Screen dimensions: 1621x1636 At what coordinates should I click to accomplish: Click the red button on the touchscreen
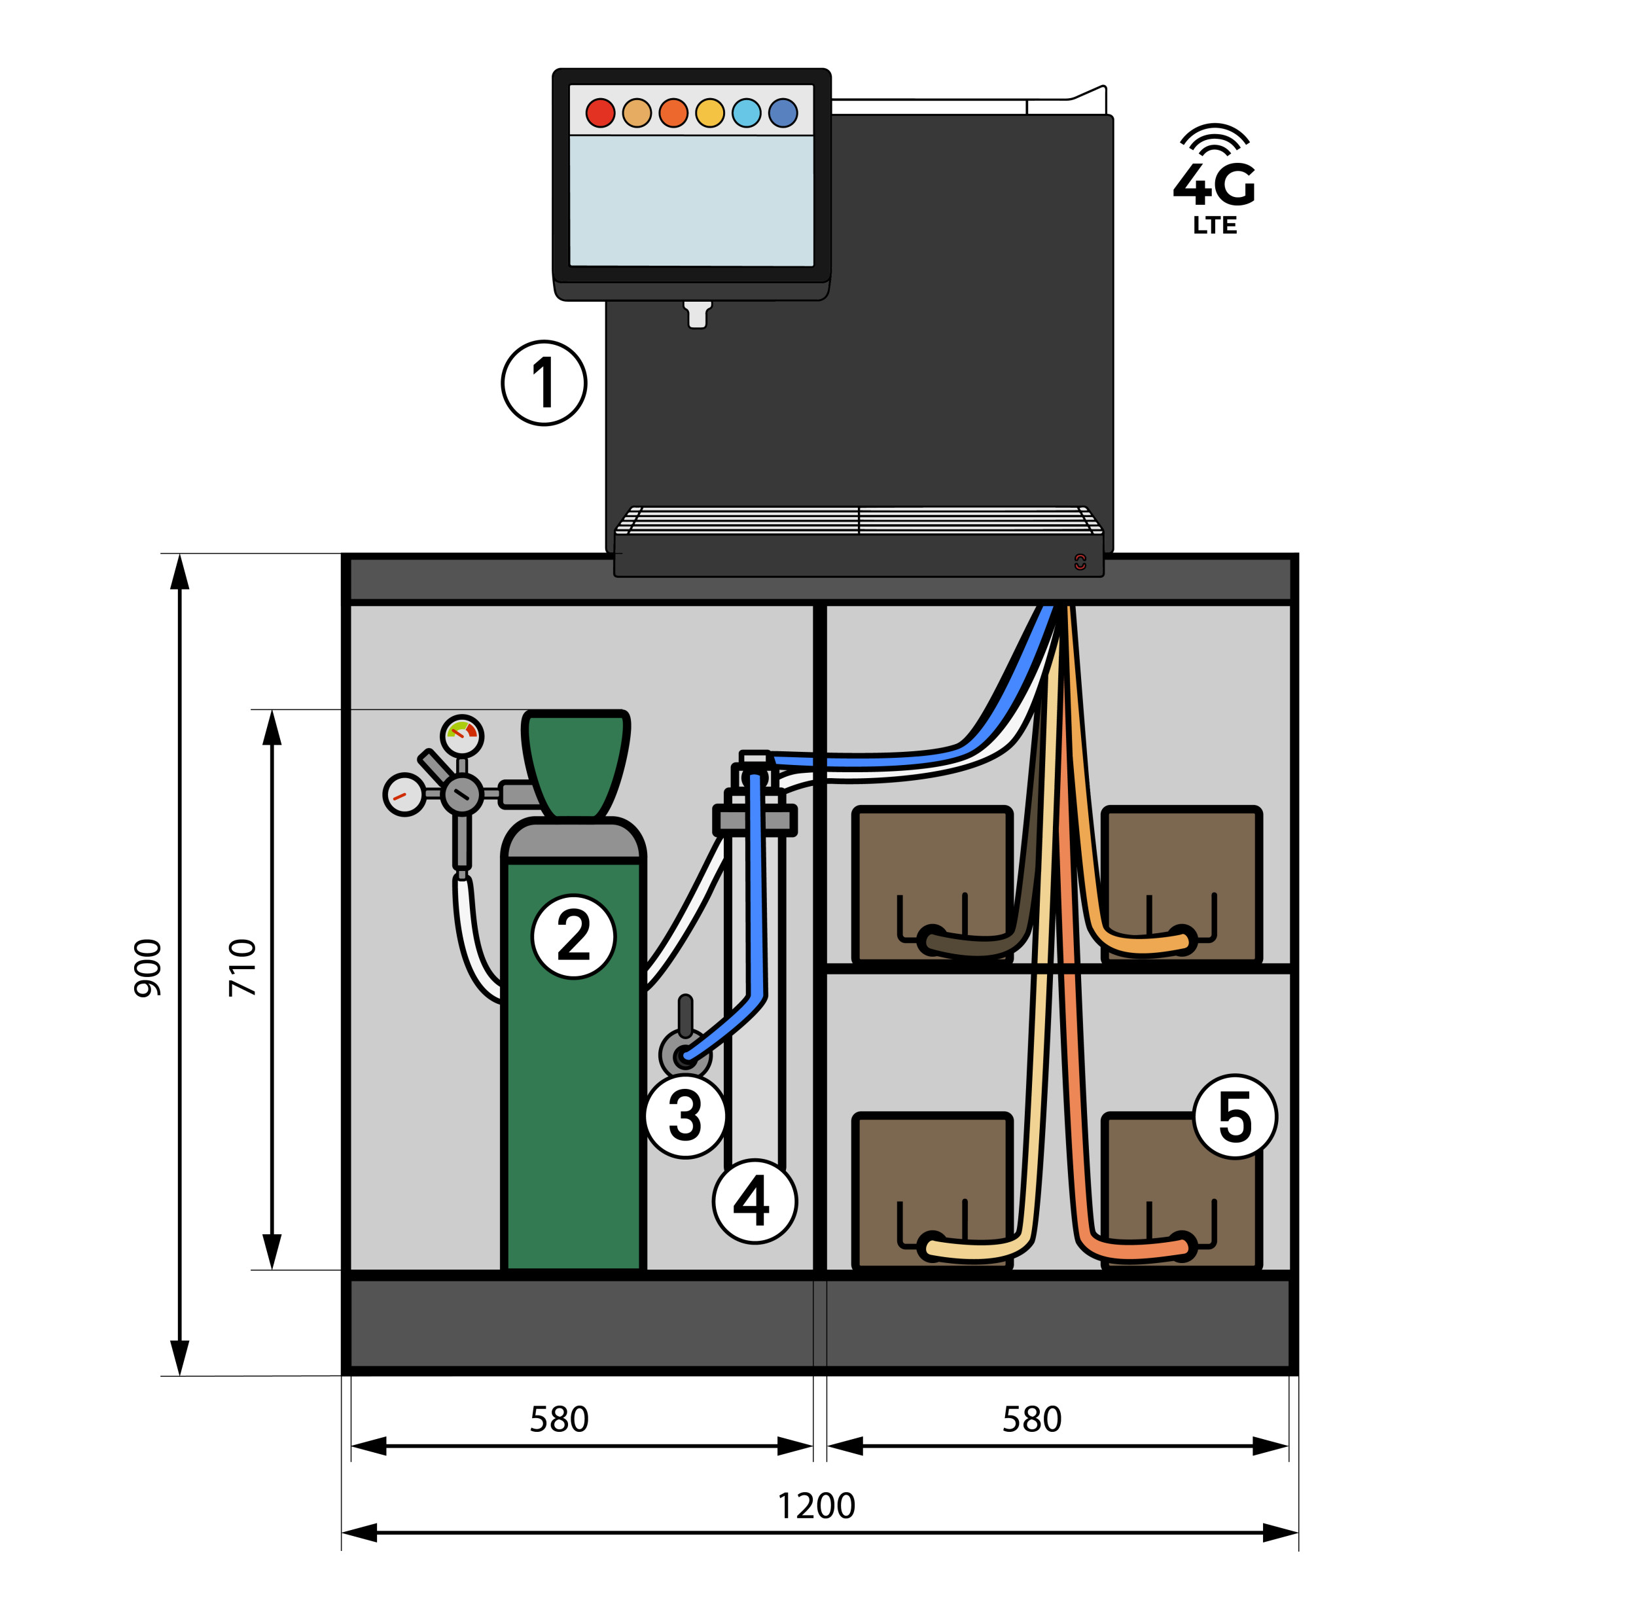tap(600, 113)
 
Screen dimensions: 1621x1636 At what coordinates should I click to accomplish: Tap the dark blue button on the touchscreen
tap(783, 113)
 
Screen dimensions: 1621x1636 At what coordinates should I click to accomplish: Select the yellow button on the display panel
tap(709, 113)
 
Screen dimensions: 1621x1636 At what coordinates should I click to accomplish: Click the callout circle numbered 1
tap(544, 383)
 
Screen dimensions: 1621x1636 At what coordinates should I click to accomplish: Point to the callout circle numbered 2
tap(574, 936)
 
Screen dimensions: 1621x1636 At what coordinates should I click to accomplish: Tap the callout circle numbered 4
tap(755, 1201)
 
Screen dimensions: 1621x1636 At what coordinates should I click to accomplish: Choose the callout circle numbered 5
tap(1235, 1116)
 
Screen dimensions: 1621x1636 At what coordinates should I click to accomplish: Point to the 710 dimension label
tap(242, 968)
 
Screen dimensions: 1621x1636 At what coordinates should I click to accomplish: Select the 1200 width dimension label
tap(816, 1506)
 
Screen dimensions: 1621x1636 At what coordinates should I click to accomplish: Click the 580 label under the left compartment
tap(559, 1419)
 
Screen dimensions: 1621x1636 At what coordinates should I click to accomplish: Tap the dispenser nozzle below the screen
tap(698, 314)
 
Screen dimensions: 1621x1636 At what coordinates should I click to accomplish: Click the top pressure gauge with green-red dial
tap(463, 735)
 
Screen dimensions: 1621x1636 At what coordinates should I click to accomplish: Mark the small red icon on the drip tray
tap(1080, 561)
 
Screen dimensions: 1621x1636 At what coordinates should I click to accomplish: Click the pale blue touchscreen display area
tap(691, 201)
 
